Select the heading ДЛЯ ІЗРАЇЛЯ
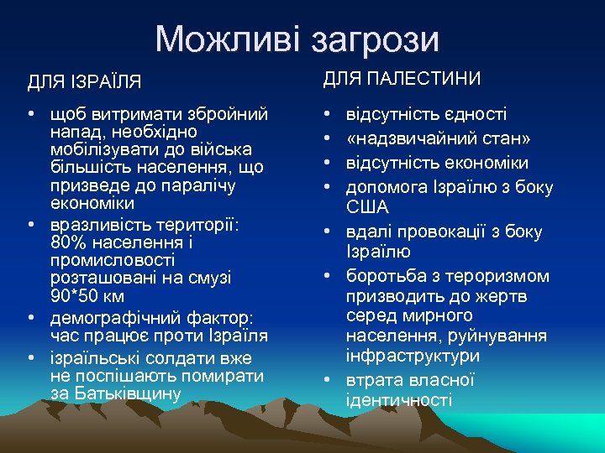point(84,82)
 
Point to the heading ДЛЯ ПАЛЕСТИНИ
point(402,79)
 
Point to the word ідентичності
point(399,399)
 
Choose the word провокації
point(437,232)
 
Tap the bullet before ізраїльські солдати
point(30,358)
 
